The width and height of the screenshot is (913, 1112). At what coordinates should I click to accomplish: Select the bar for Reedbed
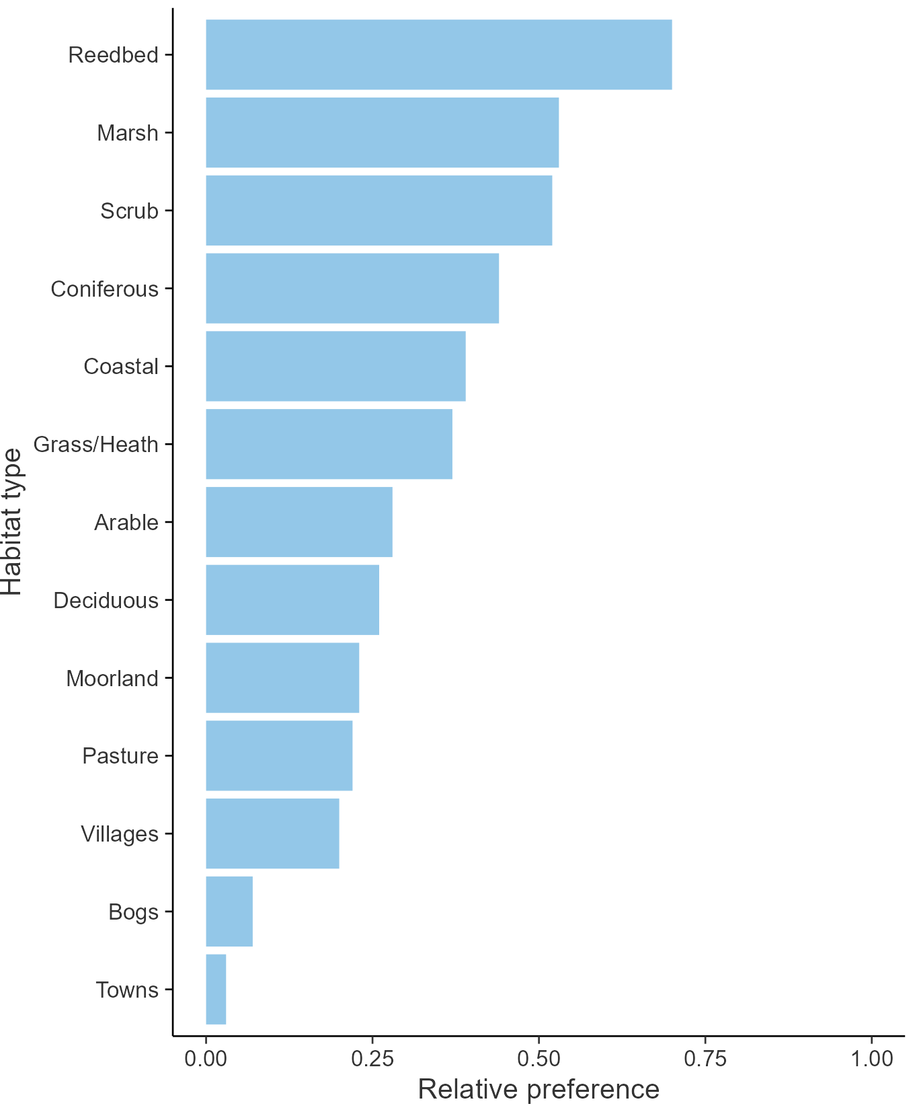point(438,54)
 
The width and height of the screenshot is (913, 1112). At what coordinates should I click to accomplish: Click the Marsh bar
point(382,133)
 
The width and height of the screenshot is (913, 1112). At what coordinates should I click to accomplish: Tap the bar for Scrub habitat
point(379,211)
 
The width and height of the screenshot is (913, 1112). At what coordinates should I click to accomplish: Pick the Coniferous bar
point(352,289)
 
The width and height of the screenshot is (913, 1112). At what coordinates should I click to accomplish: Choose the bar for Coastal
point(335,367)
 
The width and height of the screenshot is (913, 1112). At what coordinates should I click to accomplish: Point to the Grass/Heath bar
point(329,444)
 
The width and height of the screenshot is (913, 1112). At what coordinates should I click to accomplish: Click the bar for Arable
point(299,522)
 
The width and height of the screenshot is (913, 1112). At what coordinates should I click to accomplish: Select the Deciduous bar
point(292,600)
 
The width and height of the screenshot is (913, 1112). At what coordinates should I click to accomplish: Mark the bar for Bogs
point(229,912)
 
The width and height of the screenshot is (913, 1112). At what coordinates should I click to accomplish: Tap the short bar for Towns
point(216,990)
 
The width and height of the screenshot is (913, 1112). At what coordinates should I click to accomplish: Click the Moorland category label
point(112,678)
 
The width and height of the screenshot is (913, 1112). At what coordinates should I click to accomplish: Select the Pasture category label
point(120,756)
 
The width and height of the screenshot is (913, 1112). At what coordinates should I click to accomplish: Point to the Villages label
point(120,834)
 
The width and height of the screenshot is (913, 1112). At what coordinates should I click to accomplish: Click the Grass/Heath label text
point(96,445)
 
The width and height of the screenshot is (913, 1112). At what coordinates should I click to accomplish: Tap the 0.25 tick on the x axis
point(372,1059)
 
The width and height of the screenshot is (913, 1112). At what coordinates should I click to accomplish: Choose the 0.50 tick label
point(539,1059)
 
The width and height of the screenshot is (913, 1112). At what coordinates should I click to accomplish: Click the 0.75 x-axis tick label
point(705,1059)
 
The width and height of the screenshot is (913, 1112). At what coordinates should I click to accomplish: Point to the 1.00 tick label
point(872,1059)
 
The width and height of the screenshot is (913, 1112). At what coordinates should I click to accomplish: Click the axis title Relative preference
point(539,1089)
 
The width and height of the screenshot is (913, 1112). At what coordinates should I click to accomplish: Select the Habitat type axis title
point(12,522)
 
